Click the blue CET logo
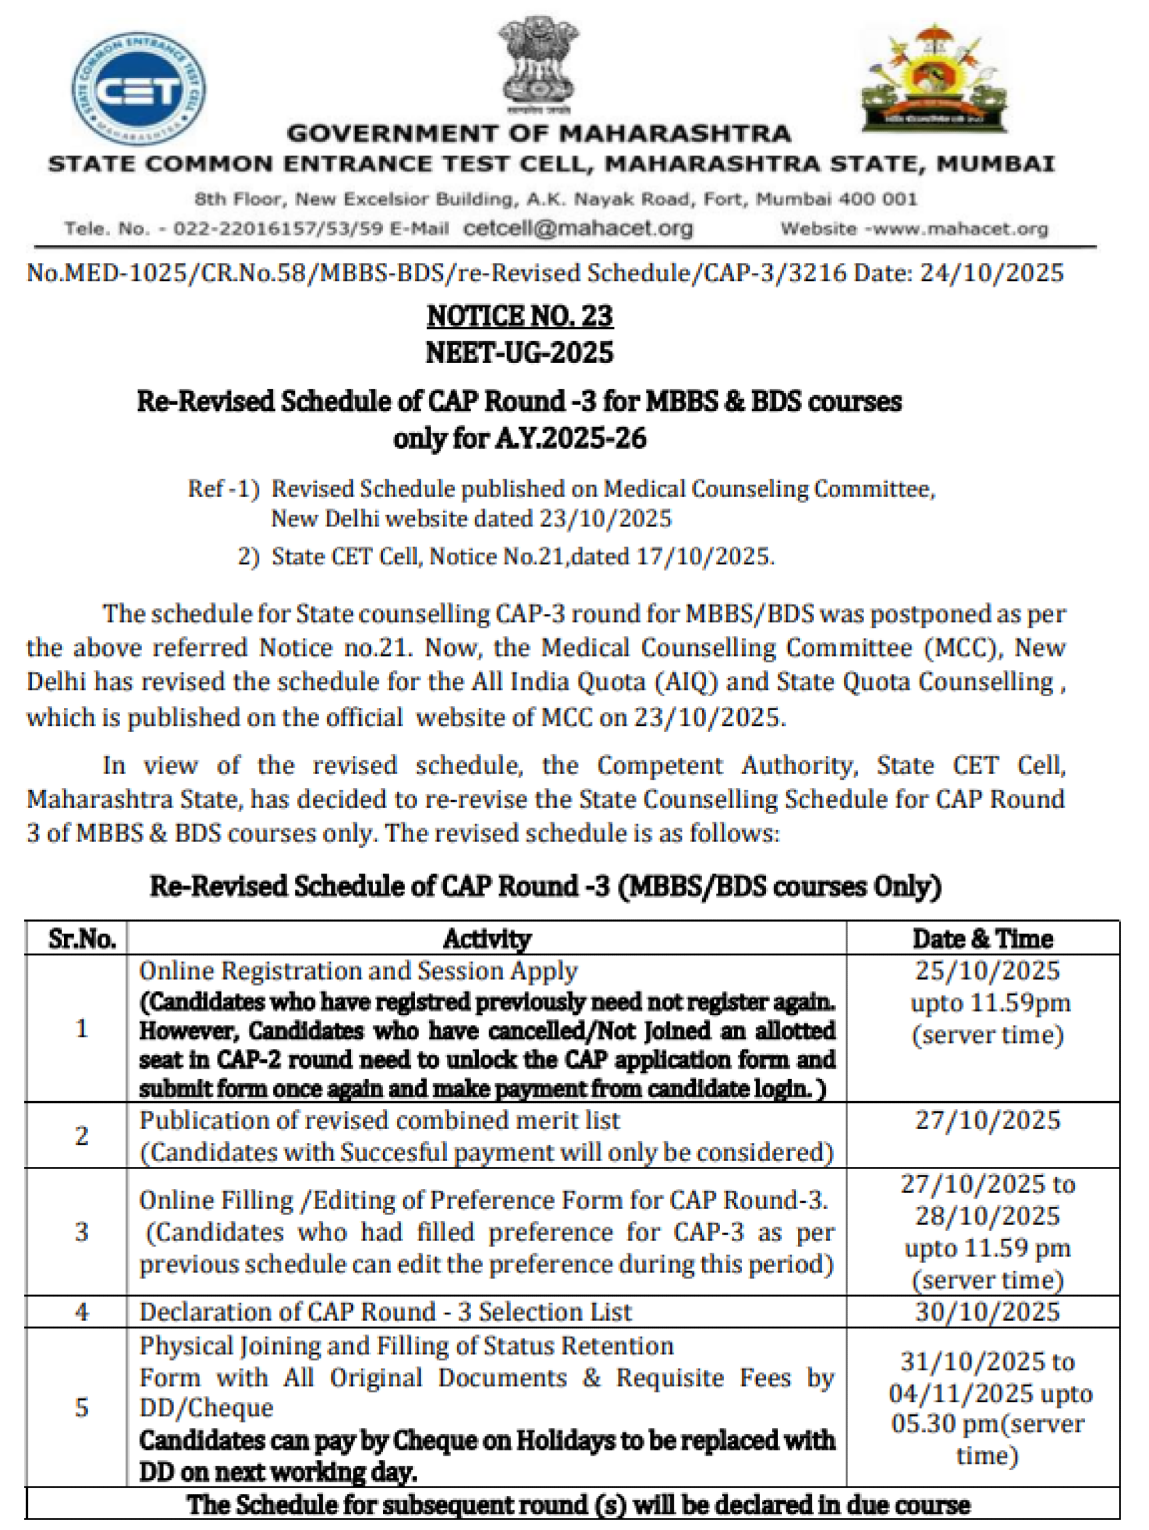(138, 89)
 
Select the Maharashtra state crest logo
(933, 78)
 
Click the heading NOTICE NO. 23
(519, 316)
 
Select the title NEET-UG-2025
(519, 353)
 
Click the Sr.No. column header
(82, 939)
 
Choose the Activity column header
(487, 939)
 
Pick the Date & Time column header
(982, 939)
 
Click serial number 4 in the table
(82, 1311)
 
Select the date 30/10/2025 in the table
(987, 1311)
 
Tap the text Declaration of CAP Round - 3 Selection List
(385, 1311)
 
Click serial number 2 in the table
(82, 1135)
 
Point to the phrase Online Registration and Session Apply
(357, 971)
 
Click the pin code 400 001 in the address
(878, 199)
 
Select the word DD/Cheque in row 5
(206, 1408)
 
